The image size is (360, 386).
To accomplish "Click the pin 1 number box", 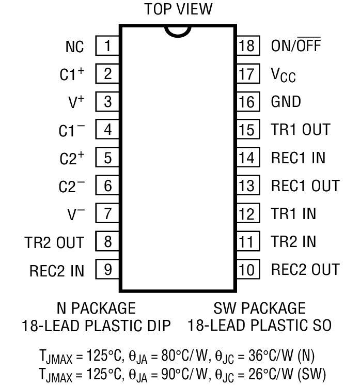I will coord(107,46).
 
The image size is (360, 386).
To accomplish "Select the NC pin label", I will coord(74,47).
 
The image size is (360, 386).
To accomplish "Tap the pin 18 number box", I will coord(247,46).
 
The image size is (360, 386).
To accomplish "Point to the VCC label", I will coord(284,75).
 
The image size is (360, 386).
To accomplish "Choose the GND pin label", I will coord(286,102).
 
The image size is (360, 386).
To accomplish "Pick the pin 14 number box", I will coord(247,158).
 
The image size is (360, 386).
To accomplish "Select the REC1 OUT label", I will coord(305,186).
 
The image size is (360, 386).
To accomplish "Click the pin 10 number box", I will coord(247,269).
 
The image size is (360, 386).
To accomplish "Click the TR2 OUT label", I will coord(54,242).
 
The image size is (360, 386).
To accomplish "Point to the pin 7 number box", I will coord(107,213).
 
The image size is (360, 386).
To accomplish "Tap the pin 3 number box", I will coord(107,102).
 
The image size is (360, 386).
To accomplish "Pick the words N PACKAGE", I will coord(96,308).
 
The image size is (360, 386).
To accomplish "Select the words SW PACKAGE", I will coord(259,308).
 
